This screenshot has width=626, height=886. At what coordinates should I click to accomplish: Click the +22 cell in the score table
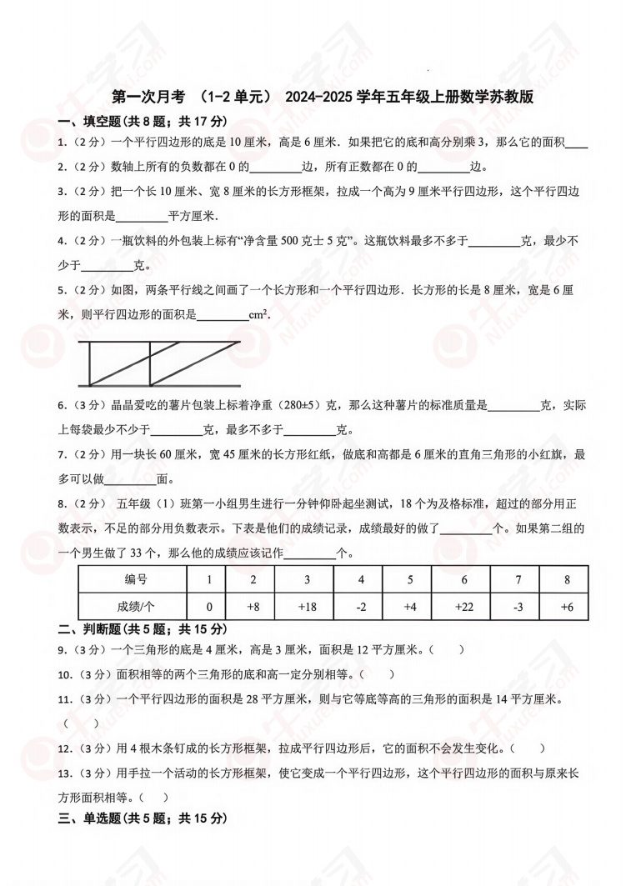coord(464,607)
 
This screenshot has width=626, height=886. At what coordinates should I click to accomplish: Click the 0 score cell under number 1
coord(209,607)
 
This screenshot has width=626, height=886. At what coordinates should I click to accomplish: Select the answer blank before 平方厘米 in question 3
coord(141,216)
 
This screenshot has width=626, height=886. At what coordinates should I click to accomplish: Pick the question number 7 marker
coord(63,454)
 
